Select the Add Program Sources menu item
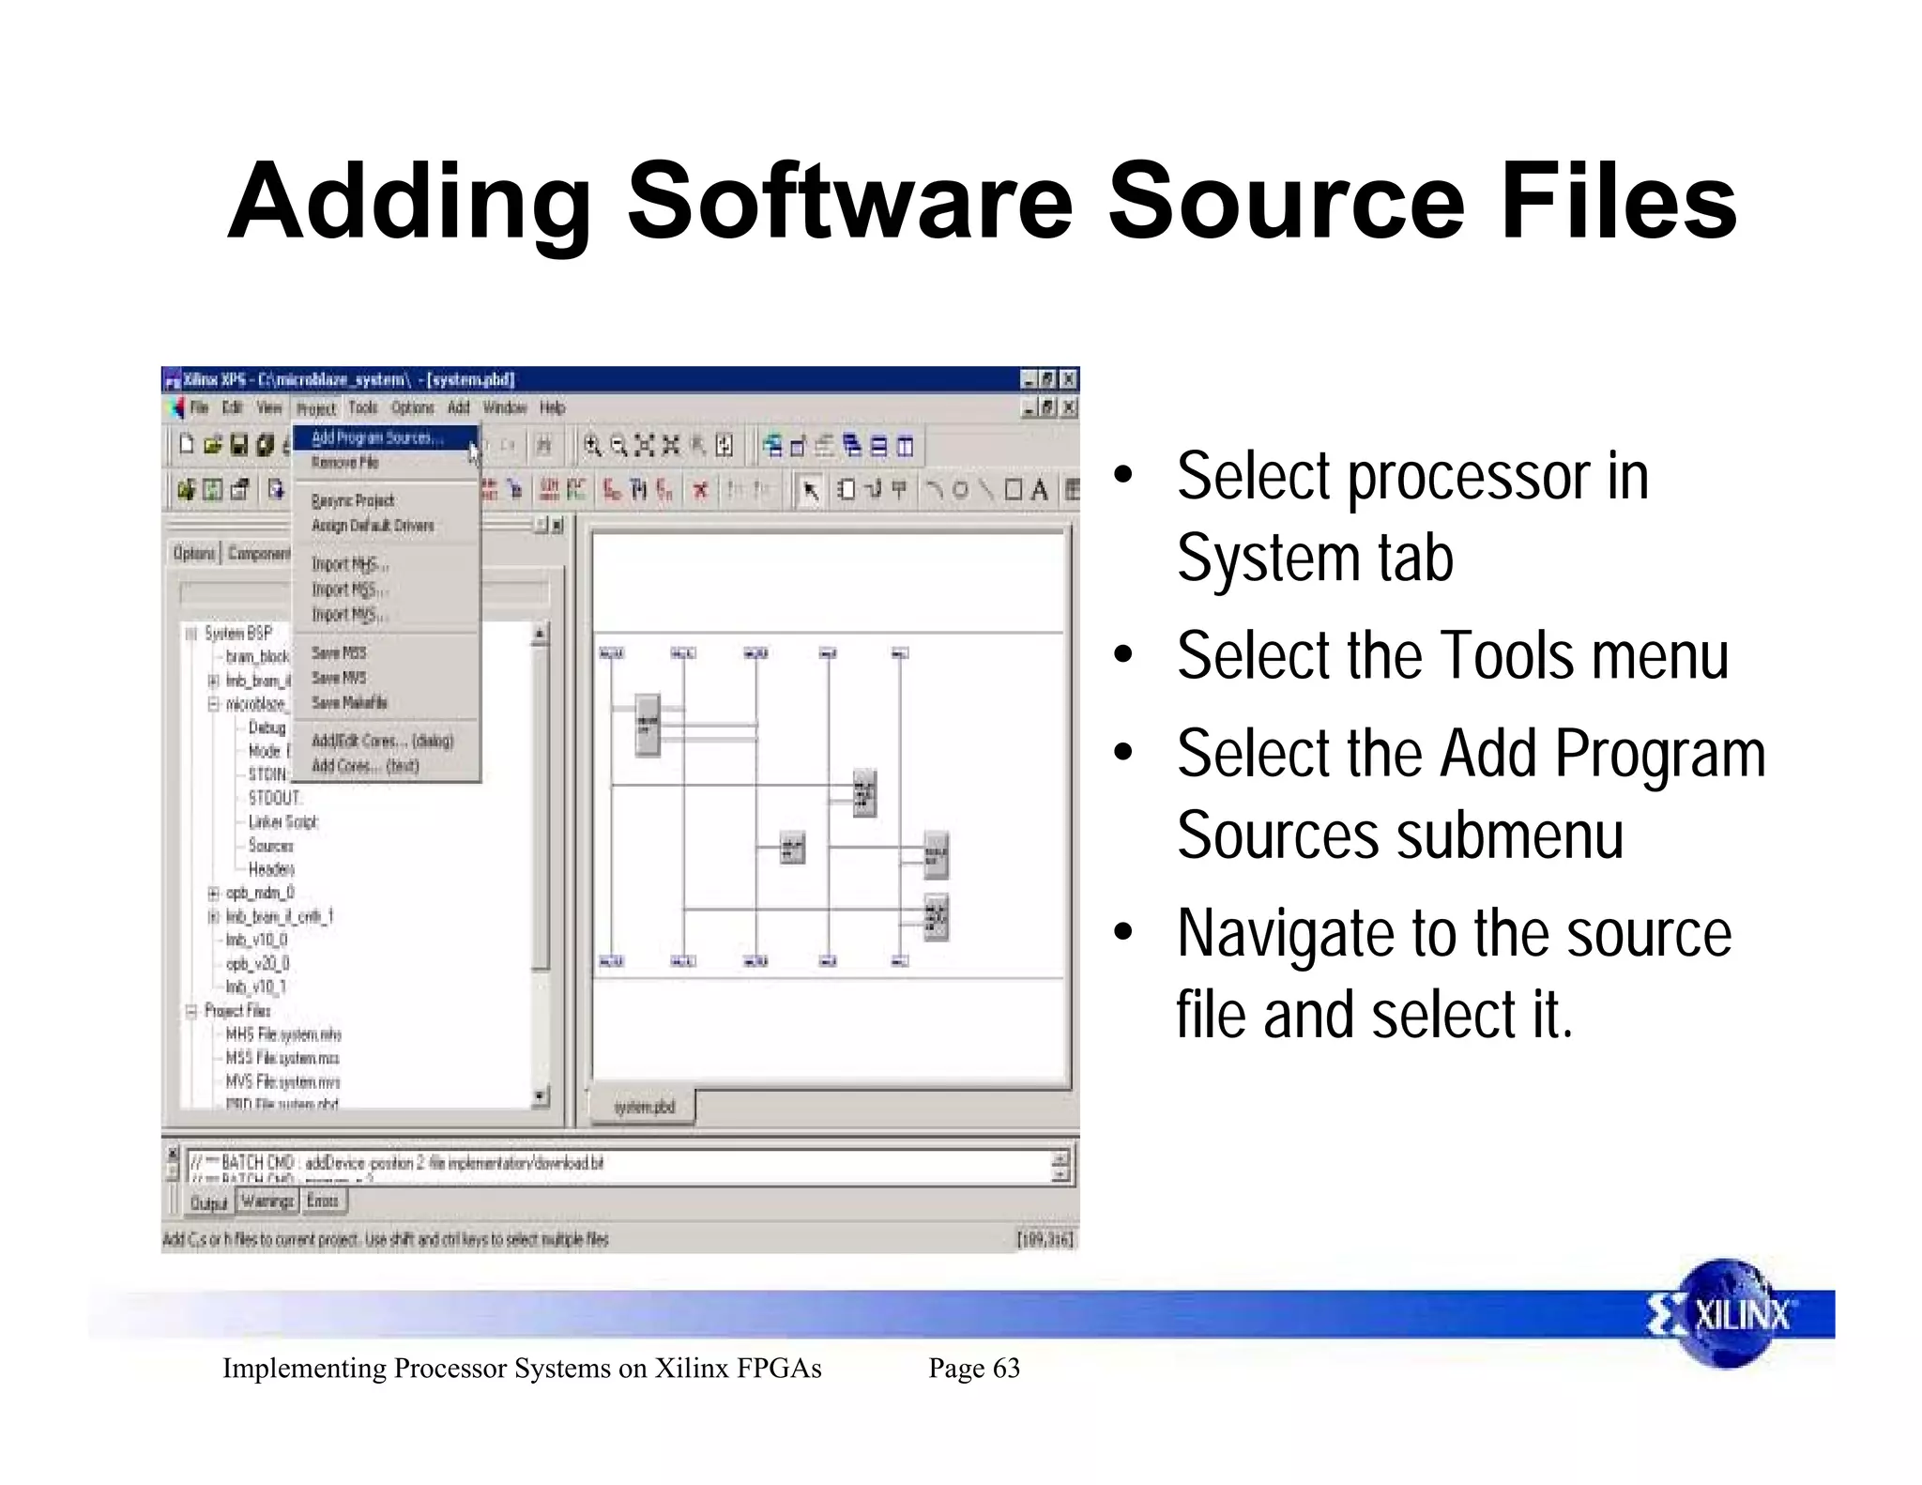point(376,438)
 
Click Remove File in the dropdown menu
point(344,463)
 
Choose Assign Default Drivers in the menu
point(373,526)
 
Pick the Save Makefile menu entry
point(349,703)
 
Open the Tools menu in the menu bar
point(362,407)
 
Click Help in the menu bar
point(552,407)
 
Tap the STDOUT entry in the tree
point(274,798)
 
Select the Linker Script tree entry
point(282,822)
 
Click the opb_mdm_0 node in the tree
point(260,893)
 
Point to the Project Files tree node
point(237,1011)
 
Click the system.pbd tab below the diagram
point(644,1108)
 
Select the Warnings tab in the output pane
point(267,1202)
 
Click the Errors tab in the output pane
point(322,1202)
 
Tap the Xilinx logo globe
point(1725,1313)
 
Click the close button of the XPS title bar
point(1067,379)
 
